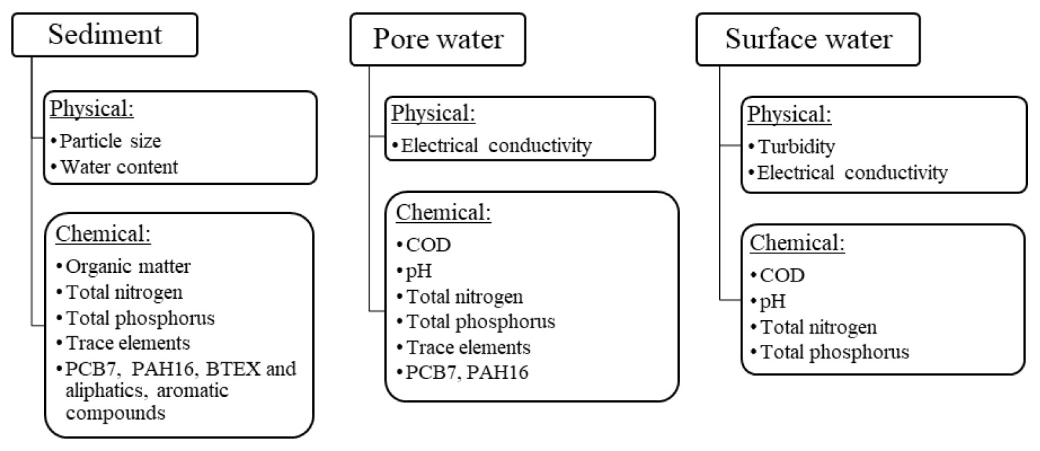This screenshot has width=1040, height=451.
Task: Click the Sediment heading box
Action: click(x=105, y=35)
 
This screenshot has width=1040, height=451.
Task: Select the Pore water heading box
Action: click(x=438, y=39)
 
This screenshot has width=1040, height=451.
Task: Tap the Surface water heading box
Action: click(x=808, y=39)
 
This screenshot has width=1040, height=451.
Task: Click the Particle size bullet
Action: click(x=111, y=141)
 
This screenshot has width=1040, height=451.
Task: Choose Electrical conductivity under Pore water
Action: click(x=496, y=146)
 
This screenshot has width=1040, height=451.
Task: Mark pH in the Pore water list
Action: click(x=417, y=270)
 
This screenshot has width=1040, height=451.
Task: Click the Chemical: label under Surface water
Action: click(x=797, y=244)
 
